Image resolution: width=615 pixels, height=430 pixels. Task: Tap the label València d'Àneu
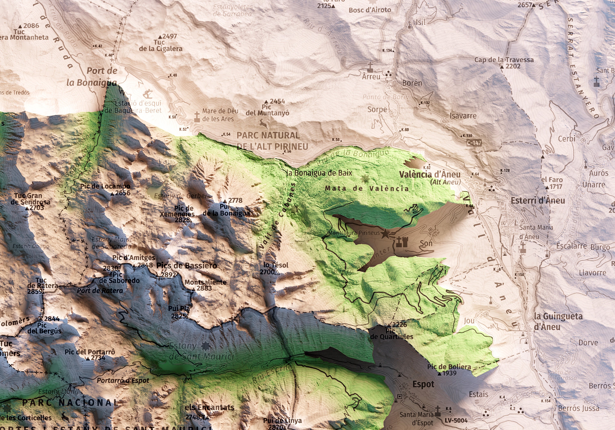(430, 174)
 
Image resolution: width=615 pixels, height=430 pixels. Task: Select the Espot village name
(423, 384)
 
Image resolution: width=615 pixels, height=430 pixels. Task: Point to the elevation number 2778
(235, 200)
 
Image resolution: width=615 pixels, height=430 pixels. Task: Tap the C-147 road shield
(474, 143)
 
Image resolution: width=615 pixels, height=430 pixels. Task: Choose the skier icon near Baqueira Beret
(148, 94)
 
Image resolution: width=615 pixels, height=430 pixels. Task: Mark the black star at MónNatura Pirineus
(385, 234)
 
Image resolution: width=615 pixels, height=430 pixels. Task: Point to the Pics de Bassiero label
(187, 266)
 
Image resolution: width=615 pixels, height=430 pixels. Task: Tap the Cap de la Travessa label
(504, 60)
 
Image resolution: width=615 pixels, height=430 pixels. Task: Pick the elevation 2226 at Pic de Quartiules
(399, 325)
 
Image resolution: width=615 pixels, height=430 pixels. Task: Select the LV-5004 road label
(456, 420)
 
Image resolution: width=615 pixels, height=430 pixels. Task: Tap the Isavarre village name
(463, 116)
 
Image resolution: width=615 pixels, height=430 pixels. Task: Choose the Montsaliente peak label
(205, 282)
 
